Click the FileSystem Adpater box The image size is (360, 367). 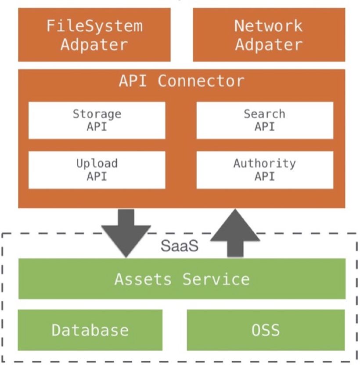click(94, 35)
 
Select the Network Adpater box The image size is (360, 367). click(269, 35)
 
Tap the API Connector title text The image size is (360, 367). click(181, 81)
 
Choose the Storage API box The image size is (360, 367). click(97, 120)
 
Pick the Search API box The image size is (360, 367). click(264, 120)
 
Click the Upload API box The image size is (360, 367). click(97, 170)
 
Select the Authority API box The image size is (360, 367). click(264, 170)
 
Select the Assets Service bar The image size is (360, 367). click(182, 279)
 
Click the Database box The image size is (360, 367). click(90, 330)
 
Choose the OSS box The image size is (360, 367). click(266, 330)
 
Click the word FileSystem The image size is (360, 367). click(94, 26)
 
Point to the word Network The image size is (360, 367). click(268, 26)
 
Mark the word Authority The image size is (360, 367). click(264, 164)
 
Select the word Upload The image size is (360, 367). click(97, 164)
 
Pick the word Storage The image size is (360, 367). click(97, 114)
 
